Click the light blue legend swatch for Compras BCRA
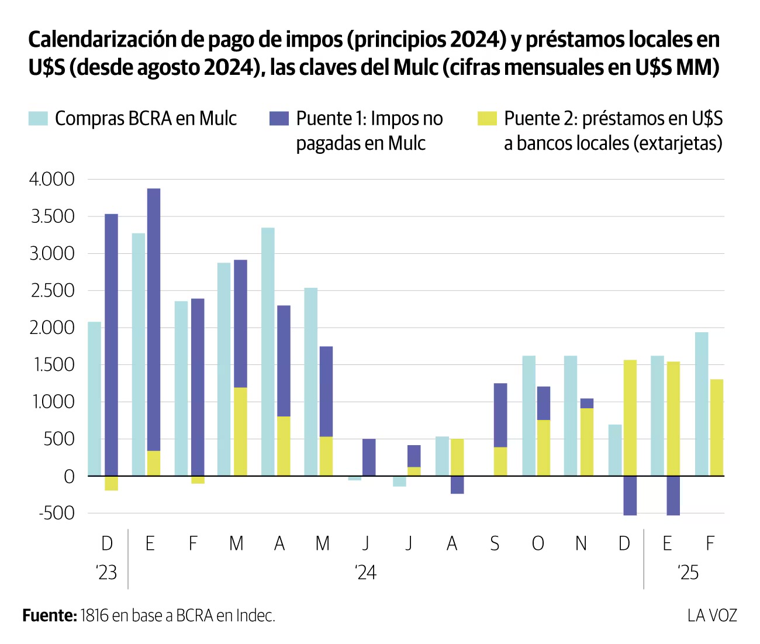pyautogui.click(x=38, y=119)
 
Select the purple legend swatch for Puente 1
pyautogui.click(x=279, y=119)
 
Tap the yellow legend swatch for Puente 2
pyautogui.click(x=487, y=119)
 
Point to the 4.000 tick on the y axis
pyautogui.click(x=52, y=180)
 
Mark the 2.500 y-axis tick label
pyautogui.click(x=52, y=291)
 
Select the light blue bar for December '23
pyautogui.click(x=94, y=399)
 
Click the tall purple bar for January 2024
pyautogui.click(x=154, y=319)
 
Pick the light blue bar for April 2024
pyautogui.click(x=268, y=352)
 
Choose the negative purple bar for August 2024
pyautogui.click(x=457, y=485)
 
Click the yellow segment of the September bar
pyautogui.click(x=500, y=462)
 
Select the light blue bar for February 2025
pyautogui.click(x=702, y=404)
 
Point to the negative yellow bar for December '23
pyautogui.click(x=111, y=483)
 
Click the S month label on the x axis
pyautogui.click(x=495, y=544)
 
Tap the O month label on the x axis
pyautogui.click(x=538, y=544)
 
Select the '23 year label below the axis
pyautogui.click(x=106, y=572)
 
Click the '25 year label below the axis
pyautogui.click(x=688, y=572)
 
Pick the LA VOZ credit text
pyautogui.click(x=712, y=615)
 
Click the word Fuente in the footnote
pyautogui.click(x=49, y=615)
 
